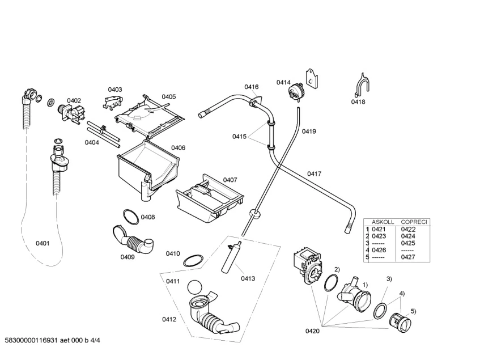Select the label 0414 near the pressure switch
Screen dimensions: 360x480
pyautogui.click(x=283, y=83)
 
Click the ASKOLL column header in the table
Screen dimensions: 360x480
pyautogui.click(x=383, y=222)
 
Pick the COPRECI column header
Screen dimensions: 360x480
pyautogui.click(x=414, y=222)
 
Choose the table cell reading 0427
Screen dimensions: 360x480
pyautogui.click(x=408, y=257)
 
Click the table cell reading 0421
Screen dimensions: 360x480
pyautogui.click(x=379, y=229)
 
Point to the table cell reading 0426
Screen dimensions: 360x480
pyautogui.click(x=379, y=250)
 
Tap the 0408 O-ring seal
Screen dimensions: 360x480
pyautogui.click(x=130, y=216)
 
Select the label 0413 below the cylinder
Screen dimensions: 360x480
pyautogui.click(x=248, y=278)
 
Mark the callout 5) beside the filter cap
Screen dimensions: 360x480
pyautogui.click(x=413, y=311)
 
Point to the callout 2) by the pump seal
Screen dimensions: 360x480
pyautogui.click(x=337, y=269)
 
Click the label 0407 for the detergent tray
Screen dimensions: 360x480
pyautogui.click(x=230, y=180)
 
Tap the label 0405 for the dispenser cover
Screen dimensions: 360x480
pyautogui.click(x=168, y=97)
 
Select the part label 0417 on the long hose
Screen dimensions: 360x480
pyautogui.click(x=315, y=173)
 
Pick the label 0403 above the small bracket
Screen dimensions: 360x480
pyautogui.click(x=115, y=90)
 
